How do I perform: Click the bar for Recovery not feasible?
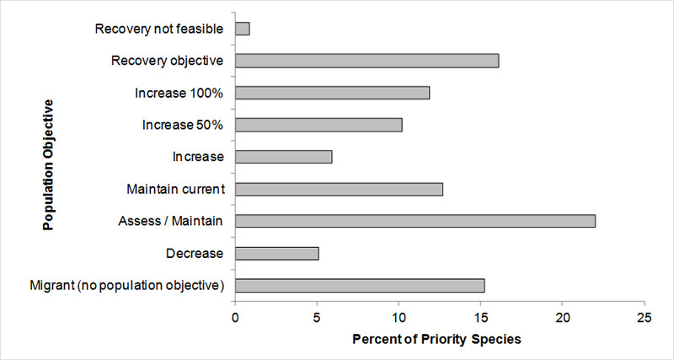[243, 29]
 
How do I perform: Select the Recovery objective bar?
[367, 61]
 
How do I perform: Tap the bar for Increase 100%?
[333, 93]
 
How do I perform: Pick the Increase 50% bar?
[319, 125]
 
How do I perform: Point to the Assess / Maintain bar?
[415, 221]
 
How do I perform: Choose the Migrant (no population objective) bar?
[360, 285]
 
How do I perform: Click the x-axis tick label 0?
[236, 319]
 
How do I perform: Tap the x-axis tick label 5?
[318, 319]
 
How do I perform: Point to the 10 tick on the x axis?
[399, 319]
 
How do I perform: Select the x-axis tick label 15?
[480, 319]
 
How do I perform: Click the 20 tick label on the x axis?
[562, 319]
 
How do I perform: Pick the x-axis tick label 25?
[644, 319]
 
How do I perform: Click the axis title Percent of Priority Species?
[439, 339]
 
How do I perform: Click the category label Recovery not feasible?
[159, 30]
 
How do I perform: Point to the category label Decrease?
[196, 253]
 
